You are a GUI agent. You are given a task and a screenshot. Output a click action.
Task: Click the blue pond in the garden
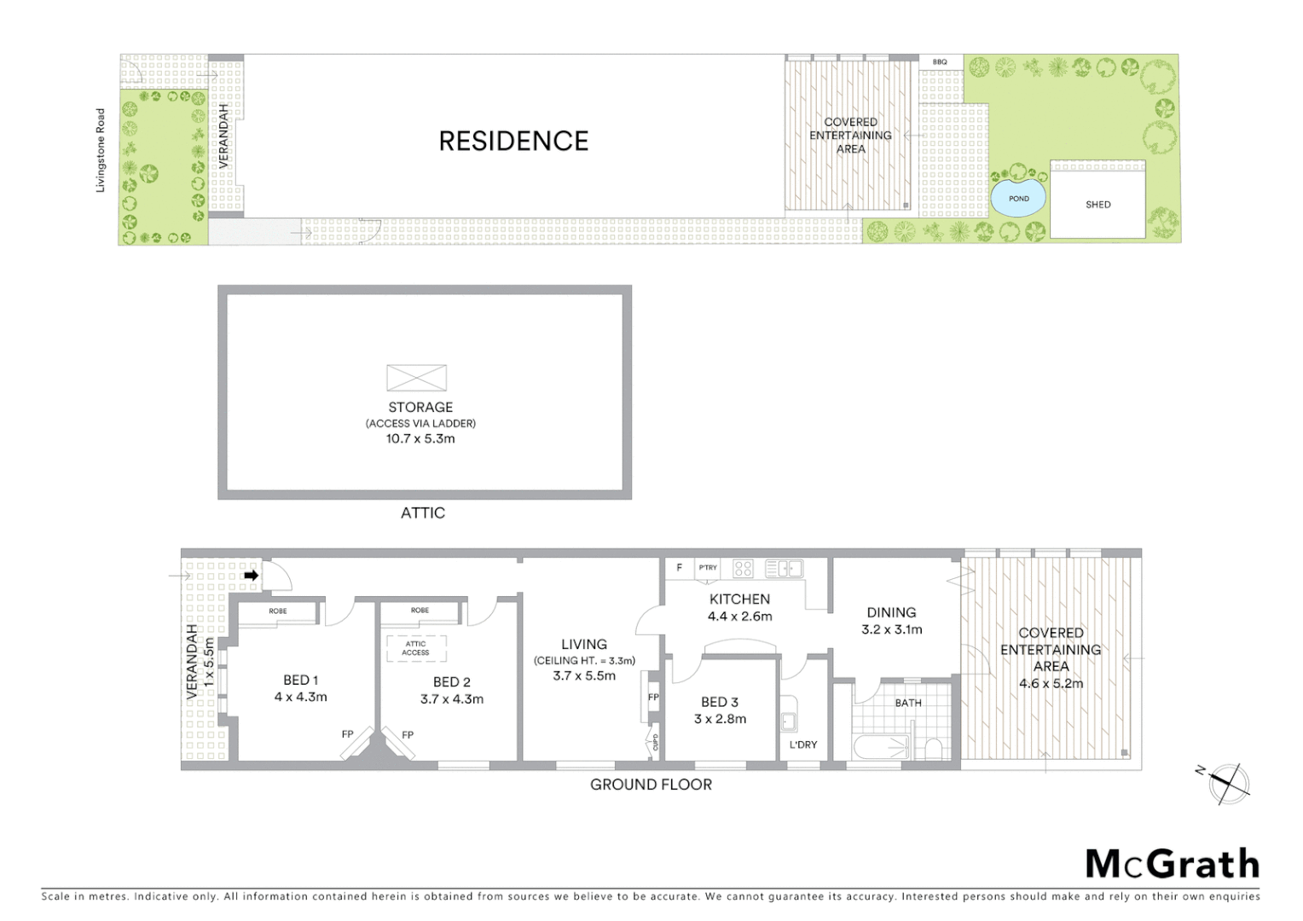[x=1018, y=199]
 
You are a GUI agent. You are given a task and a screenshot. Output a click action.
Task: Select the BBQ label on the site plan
[x=940, y=62]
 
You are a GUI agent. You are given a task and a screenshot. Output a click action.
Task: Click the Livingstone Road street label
[x=101, y=150]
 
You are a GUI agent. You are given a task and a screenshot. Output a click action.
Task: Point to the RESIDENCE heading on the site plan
[x=513, y=142]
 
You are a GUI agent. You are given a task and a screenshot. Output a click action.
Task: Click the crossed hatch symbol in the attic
[x=416, y=378]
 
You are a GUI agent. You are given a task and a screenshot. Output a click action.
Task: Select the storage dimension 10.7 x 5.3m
[x=421, y=439]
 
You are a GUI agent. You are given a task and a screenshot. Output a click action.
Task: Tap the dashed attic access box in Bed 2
[x=415, y=648]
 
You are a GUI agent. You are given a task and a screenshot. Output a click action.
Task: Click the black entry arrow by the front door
[x=251, y=576]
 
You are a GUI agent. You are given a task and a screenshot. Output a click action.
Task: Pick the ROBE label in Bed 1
[x=278, y=611]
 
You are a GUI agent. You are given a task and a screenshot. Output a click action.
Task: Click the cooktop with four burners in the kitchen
[x=743, y=568]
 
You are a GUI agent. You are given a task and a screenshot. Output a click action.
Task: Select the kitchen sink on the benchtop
[x=784, y=568]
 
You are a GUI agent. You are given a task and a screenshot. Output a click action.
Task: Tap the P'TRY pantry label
[x=708, y=568]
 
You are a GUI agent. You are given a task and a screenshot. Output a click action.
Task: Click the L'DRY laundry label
[x=802, y=744]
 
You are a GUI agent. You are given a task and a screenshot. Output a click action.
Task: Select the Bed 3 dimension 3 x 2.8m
[x=720, y=719]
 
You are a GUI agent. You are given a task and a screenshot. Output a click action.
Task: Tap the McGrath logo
[x=1172, y=864]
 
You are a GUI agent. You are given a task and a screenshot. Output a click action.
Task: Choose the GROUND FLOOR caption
[x=651, y=785]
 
